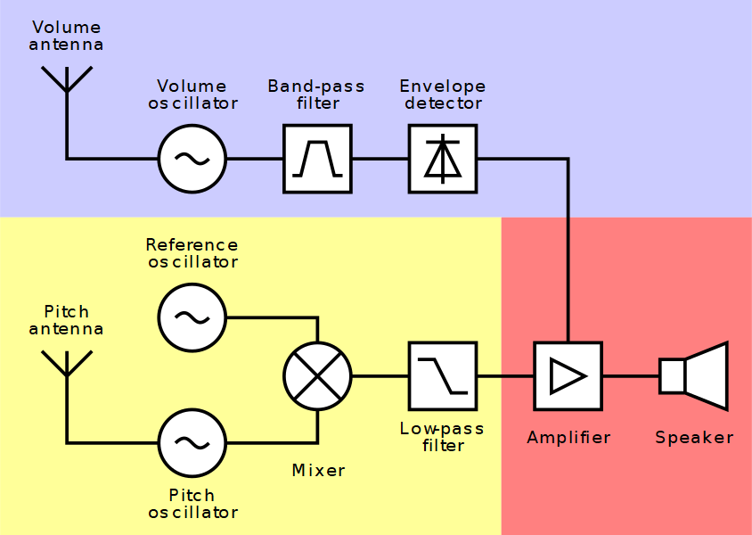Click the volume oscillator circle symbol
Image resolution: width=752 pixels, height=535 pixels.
[x=192, y=159]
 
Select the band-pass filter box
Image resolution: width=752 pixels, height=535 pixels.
[x=317, y=159]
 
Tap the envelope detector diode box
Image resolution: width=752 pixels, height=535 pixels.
[x=443, y=159]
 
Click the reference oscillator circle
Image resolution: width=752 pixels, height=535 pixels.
[x=192, y=317]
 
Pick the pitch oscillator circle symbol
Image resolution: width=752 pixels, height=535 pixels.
[x=192, y=442]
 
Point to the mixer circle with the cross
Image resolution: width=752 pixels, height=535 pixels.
[x=317, y=376]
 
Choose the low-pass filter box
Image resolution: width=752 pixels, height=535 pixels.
[x=443, y=376]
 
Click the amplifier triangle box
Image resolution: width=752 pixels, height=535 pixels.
[x=568, y=376]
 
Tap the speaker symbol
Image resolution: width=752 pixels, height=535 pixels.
[x=694, y=376]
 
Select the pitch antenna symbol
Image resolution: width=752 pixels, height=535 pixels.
[x=66, y=366]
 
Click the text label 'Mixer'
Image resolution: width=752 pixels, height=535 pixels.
[x=318, y=470]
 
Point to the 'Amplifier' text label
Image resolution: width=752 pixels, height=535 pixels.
[x=568, y=438]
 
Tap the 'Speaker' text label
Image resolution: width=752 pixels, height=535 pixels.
[x=694, y=438]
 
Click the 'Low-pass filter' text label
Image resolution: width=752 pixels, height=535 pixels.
[x=442, y=437]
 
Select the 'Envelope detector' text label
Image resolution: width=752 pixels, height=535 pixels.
[x=443, y=95]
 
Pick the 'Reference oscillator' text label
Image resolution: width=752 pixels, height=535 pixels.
[x=192, y=253]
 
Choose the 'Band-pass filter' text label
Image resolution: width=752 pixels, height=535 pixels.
[x=317, y=95]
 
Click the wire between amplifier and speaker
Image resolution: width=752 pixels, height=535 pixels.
[x=631, y=376]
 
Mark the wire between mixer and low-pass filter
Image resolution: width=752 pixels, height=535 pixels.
[x=380, y=376]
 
